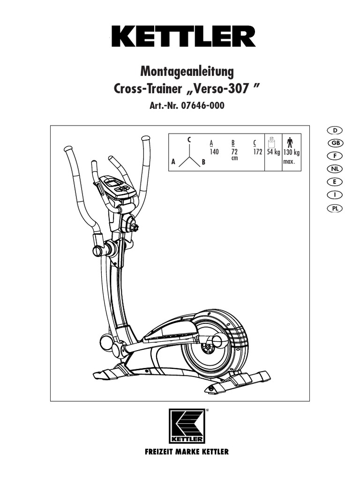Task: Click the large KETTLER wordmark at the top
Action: click(183, 36)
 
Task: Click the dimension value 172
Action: click(257, 152)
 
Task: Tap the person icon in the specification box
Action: click(289, 142)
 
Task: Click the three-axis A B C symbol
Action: click(189, 154)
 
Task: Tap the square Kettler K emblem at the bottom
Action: click(187, 426)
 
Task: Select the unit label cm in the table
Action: click(234, 158)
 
